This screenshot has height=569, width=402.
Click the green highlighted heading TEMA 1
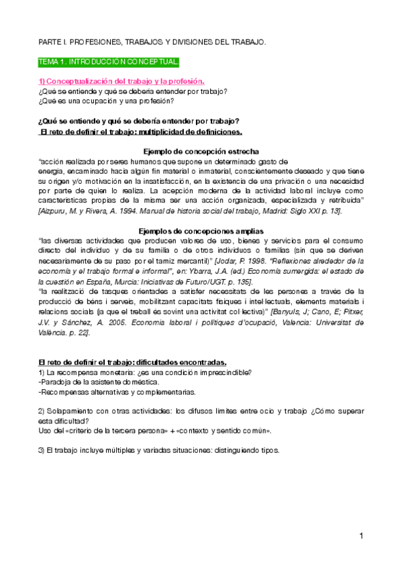109,62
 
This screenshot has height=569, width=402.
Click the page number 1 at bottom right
360,536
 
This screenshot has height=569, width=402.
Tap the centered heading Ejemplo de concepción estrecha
201,151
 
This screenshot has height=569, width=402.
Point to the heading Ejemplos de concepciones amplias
201,231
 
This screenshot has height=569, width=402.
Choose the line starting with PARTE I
152,42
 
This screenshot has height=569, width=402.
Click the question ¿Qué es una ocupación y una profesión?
106,101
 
